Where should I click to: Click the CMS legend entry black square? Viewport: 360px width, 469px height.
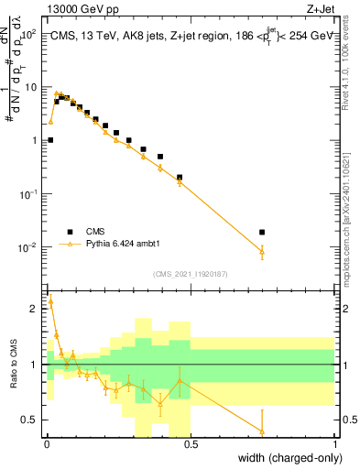pyautogui.click(x=70, y=231)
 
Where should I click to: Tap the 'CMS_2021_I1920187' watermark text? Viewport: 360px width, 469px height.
pyautogui.click(x=191, y=274)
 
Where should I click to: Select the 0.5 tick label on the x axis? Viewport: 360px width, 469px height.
pyautogui.click(x=191, y=443)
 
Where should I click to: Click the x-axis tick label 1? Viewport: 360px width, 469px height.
pyautogui.click(x=335, y=443)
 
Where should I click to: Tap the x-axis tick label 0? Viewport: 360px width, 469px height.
pyautogui.click(x=47, y=443)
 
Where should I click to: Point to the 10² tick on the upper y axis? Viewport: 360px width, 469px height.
pyautogui.click(x=28, y=34)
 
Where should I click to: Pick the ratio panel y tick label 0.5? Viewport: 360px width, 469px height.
pyautogui.click(x=31, y=420)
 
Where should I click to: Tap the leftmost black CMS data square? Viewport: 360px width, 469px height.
pyautogui.click(x=50, y=140)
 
